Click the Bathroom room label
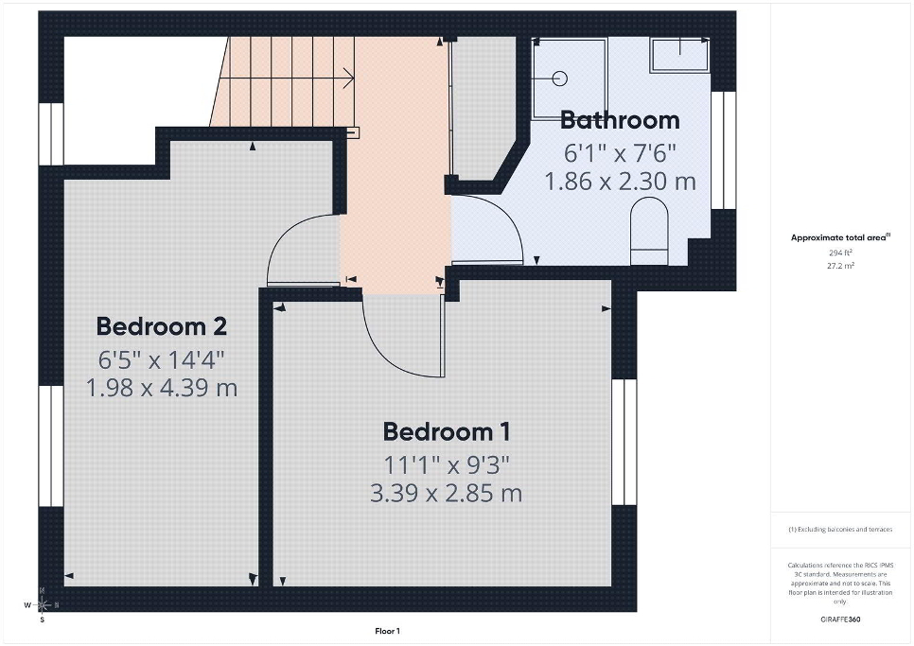click(x=620, y=120)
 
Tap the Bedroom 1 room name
click(x=446, y=431)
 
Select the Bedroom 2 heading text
click(x=162, y=326)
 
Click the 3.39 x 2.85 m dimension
click(x=446, y=494)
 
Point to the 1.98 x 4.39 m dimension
click(x=162, y=388)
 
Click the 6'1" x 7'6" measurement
click(x=620, y=153)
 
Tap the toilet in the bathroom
click(x=649, y=231)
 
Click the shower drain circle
click(x=560, y=79)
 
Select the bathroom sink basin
click(x=680, y=55)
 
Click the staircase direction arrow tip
click(x=355, y=78)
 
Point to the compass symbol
click(x=42, y=605)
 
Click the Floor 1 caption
click(x=388, y=631)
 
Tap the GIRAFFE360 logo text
click(x=840, y=620)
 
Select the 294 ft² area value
click(x=840, y=253)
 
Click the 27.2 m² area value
click(x=841, y=266)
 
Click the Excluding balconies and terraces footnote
click(x=840, y=530)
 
